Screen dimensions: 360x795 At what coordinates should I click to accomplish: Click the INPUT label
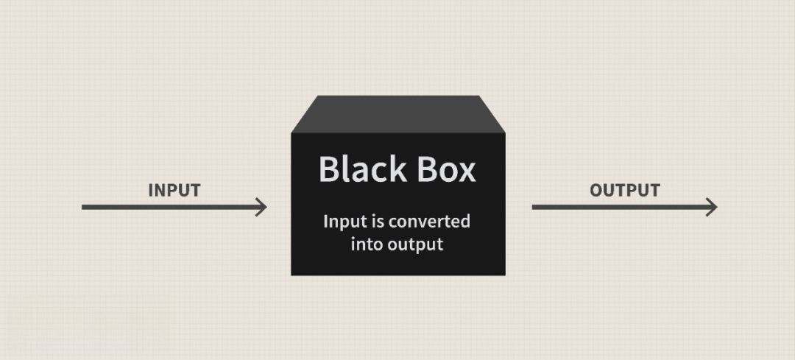(174, 190)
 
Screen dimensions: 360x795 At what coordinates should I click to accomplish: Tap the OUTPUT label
(624, 190)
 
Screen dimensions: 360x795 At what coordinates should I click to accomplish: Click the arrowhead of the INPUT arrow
(261, 207)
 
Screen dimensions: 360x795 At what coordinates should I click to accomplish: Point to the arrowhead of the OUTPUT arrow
(711, 207)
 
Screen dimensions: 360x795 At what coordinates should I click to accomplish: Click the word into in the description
(367, 244)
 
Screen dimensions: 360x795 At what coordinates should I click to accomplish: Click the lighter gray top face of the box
(397, 114)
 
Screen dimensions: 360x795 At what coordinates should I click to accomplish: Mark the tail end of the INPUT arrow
(84, 207)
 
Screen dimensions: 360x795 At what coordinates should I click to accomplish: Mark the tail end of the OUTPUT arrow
(534, 207)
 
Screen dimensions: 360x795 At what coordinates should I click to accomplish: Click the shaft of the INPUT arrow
(169, 207)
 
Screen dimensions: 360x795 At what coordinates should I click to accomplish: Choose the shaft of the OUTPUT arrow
(618, 207)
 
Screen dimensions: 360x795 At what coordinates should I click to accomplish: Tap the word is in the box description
(377, 222)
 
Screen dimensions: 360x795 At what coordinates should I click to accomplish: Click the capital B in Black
(329, 169)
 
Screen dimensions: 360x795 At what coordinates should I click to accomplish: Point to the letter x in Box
(467, 172)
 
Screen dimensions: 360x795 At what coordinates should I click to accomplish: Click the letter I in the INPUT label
(151, 190)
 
